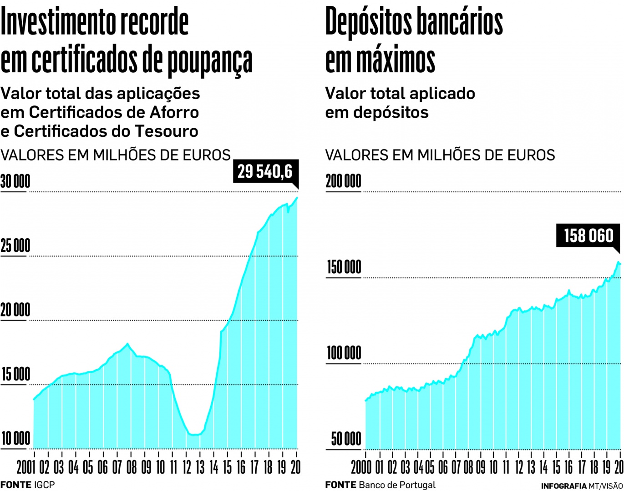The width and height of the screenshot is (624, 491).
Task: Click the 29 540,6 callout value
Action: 265,172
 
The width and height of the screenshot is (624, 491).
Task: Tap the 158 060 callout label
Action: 588,236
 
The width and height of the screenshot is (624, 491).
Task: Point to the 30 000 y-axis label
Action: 15,182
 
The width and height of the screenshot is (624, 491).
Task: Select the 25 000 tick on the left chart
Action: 15,246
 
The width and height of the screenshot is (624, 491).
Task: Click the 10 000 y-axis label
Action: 15,439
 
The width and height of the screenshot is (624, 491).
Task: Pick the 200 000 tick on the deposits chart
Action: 344,181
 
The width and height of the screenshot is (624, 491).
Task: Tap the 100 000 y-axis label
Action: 344,353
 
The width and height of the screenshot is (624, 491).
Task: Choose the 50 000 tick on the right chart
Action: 346,439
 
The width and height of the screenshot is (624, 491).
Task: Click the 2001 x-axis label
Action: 26,467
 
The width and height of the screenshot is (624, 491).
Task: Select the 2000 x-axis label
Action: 361,467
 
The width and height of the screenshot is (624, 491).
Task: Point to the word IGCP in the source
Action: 44,485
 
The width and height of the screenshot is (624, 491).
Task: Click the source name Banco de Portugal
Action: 397,485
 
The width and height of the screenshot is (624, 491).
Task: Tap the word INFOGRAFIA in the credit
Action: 563,486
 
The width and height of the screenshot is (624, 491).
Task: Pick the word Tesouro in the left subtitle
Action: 170,131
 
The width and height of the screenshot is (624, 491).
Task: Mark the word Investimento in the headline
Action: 59,22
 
